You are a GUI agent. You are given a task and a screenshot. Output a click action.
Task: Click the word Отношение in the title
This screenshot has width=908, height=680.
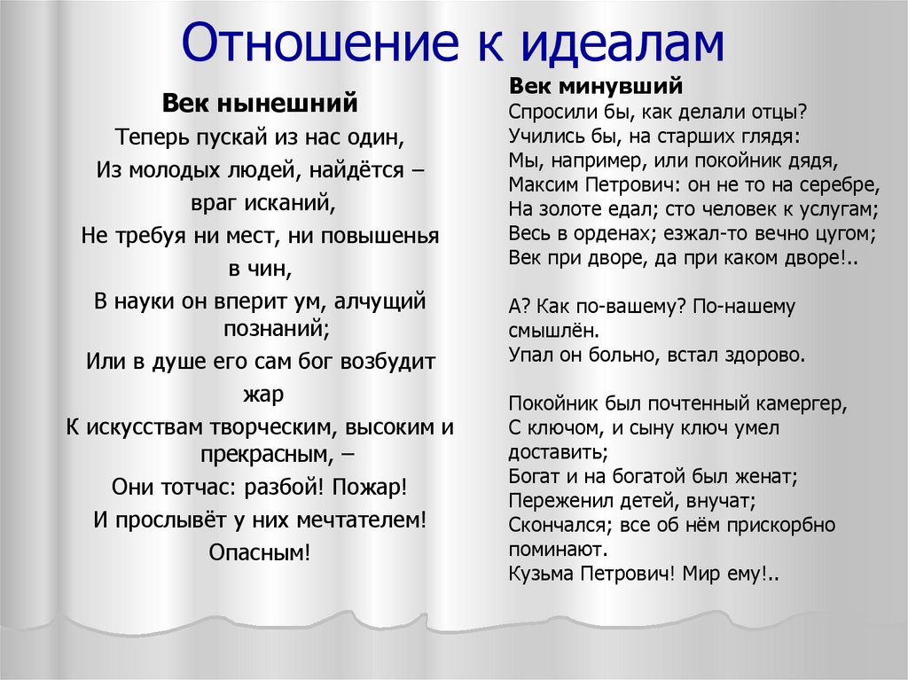pos(319,43)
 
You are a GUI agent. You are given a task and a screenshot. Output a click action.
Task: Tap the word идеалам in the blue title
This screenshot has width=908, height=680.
pos(623,43)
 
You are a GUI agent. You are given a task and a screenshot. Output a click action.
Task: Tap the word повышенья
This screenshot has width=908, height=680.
pos(380,237)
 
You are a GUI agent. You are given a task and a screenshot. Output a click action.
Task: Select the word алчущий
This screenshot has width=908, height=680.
pos(380,301)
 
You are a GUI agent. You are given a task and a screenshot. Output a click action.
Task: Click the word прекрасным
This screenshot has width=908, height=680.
pos(267,454)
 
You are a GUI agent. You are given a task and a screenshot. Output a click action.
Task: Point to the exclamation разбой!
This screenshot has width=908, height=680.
pos(284,487)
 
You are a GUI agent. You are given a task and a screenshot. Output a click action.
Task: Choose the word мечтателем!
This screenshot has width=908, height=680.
pos(362,520)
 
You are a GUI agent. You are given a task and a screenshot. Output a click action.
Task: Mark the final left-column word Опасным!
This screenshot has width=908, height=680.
pos(260,552)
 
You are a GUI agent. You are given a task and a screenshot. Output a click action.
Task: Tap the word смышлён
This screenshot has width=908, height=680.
pos(553,331)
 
